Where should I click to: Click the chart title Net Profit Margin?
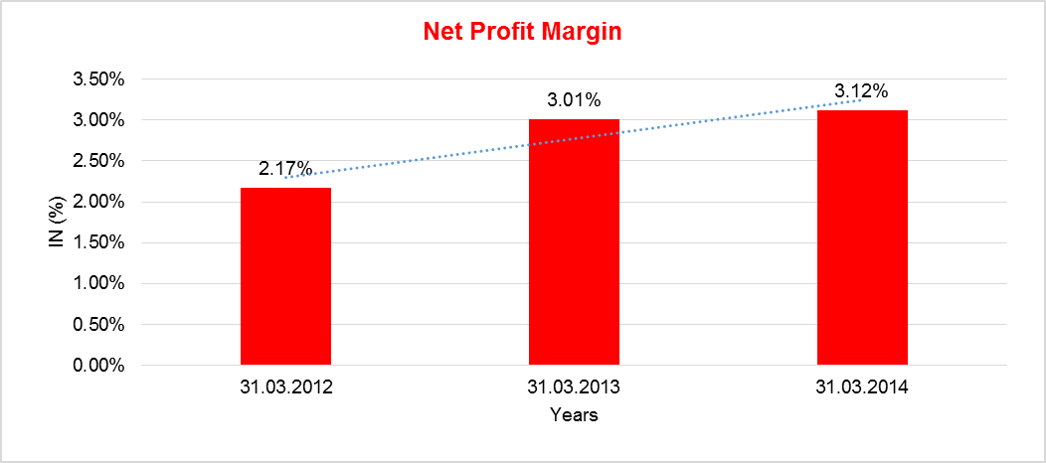click(x=522, y=31)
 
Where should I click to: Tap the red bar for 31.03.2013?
click(x=574, y=242)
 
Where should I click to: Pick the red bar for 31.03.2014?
click(x=862, y=237)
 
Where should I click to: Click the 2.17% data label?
click(x=285, y=169)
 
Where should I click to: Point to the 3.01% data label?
click(x=574, y=100)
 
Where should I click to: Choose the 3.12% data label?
click(x=861, y=91)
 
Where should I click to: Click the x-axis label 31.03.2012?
click(x=285, y=388)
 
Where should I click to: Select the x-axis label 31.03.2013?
click(x=574, y=388)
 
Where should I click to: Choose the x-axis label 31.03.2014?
click(x=862, y=388)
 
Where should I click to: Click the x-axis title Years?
click(x=574, y=415)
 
